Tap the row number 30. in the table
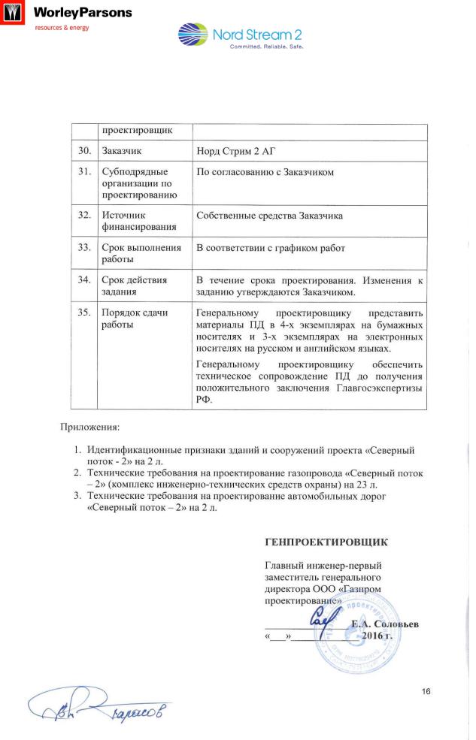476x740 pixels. [x=84, y=151]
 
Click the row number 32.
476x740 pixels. [x=84, y=216]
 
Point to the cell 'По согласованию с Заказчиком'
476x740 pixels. [x=265, y=174]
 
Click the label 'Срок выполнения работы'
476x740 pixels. [x=141, y=253]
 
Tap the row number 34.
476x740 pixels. [x=84, y=280]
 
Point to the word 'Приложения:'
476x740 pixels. [x=90, y=427]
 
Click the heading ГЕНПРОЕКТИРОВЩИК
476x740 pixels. [x=327, y=541]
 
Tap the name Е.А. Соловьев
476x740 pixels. [x=385, y=624]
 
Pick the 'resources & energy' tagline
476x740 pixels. [x=62, y=28]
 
